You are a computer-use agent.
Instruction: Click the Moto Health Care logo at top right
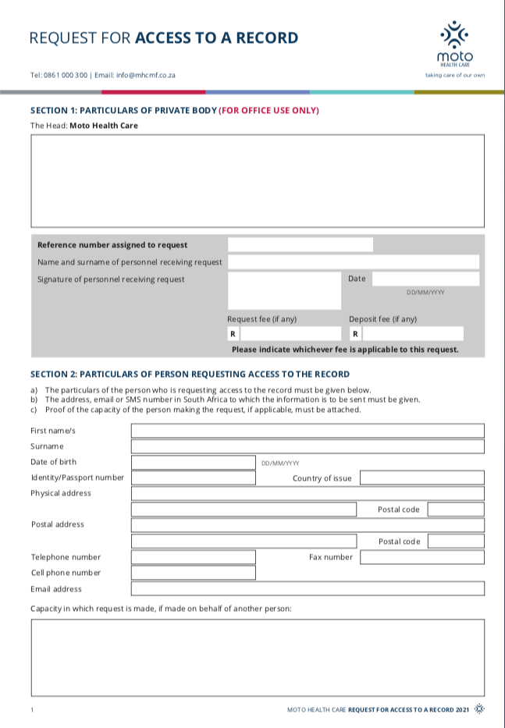454,44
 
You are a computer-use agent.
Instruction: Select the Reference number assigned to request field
300,245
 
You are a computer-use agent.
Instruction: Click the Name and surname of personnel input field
353,262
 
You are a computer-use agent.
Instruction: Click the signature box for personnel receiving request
284,290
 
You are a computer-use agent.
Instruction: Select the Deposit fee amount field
411,334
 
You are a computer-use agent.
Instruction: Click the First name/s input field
308,431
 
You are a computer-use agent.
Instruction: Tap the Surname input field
308,446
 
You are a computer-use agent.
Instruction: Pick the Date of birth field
193,462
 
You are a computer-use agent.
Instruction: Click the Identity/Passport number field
193,478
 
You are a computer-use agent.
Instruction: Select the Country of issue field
421,478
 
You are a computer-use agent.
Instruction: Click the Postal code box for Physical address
455,510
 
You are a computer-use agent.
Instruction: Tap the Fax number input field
421,557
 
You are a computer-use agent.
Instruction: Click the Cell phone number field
193,573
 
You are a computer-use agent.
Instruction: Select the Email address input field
308,588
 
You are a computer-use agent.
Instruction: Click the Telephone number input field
193,557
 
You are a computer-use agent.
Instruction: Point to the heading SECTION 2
190,375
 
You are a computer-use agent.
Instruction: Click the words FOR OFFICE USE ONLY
269,110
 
